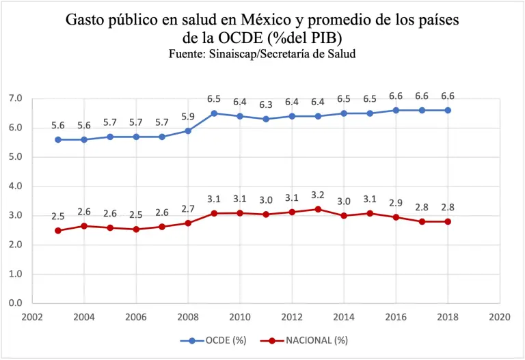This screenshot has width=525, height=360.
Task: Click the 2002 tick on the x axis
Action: pos(32,317)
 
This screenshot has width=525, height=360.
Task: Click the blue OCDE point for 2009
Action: pos(214,113)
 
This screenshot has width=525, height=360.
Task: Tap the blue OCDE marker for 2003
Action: pos(58,139)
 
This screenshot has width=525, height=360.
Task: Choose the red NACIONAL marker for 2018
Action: pos(448,221)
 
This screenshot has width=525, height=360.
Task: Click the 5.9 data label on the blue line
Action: pos(188,116)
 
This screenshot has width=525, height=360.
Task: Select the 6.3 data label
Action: pos(266,105)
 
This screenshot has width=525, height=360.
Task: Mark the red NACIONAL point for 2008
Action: pos(188,223)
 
